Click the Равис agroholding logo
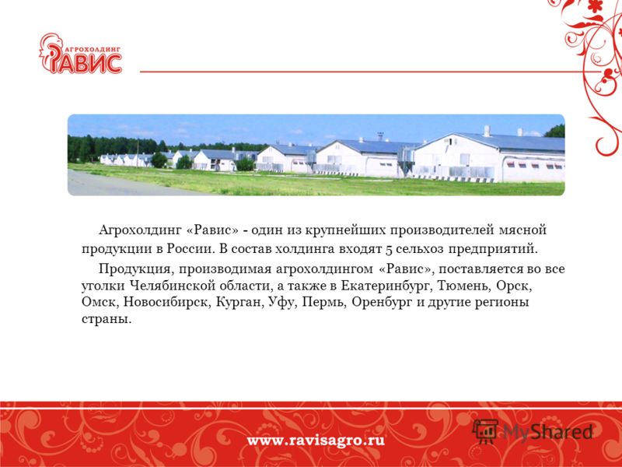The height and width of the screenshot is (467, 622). click(x=81, y=54)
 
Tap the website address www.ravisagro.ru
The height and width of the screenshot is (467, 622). click(x=316, y=441)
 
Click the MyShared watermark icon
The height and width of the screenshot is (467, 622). click(x=485, y=431)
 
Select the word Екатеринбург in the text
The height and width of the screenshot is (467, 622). click(x=385, y=286)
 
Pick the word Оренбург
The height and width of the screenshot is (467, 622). click(x=382, y=303)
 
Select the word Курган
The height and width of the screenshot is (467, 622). click(x=239, y=303)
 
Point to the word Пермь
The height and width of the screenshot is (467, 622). click(x=325, y=303)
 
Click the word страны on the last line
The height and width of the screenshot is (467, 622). click(x=107, y=320)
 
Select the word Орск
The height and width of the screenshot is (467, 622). click(x=514, y=286)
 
